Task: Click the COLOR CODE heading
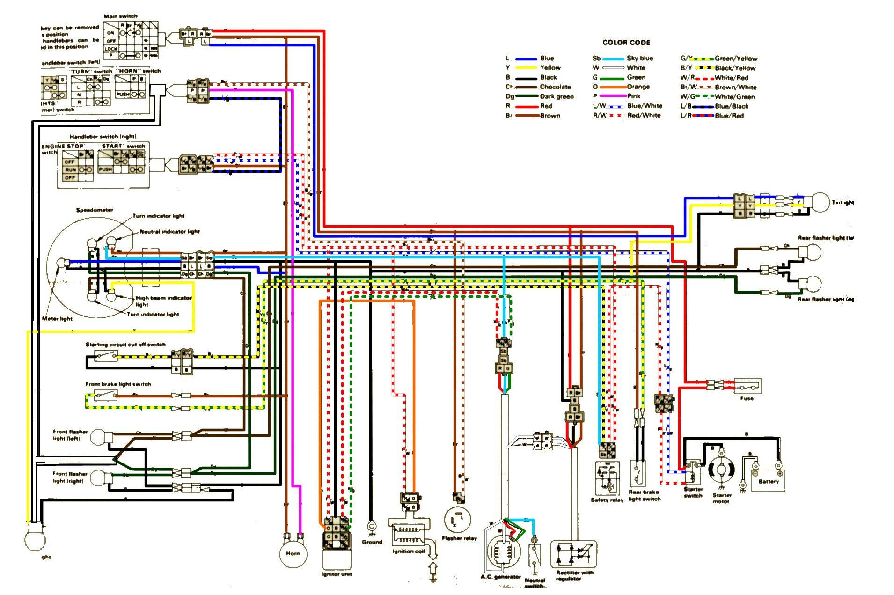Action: tap(626, 43)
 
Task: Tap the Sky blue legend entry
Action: tap(639, 59)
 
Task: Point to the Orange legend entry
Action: tap(638, 87)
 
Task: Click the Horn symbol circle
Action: tap(293, 553)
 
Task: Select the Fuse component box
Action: tap(747, 386)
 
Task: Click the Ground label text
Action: tap(372, 542)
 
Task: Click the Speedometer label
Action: tap(95, 210)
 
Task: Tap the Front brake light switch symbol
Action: tap(105, 396)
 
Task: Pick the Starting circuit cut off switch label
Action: tap(125, 345)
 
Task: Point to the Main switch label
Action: tap(120, 16)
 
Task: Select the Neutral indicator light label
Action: tap(169, 232)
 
